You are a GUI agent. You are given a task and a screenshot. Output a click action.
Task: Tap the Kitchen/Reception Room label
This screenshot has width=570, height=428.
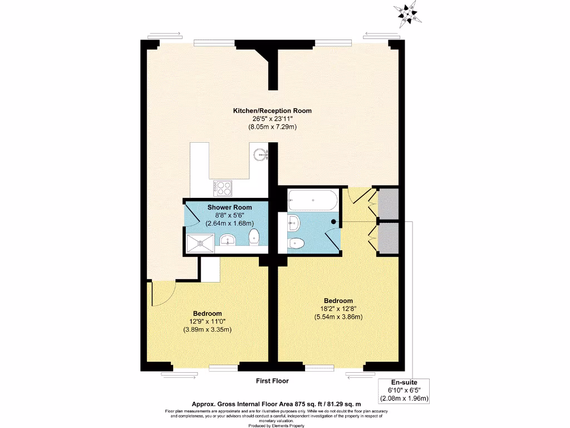click(272, 111)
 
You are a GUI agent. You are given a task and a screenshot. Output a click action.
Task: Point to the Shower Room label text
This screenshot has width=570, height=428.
click(227, 207)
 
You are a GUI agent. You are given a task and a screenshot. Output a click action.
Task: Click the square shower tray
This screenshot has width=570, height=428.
click(199, 243)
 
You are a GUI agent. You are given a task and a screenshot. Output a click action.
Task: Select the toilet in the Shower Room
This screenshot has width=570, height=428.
click(254, 236)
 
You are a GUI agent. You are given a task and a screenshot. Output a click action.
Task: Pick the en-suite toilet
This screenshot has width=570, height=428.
click(295, 243)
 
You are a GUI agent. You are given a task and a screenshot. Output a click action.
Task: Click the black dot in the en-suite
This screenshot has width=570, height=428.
click(333, 221)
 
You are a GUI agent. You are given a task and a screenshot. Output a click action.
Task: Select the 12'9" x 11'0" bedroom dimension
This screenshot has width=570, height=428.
click(207, 321)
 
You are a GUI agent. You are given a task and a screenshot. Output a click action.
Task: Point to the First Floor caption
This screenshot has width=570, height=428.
click(272, 381)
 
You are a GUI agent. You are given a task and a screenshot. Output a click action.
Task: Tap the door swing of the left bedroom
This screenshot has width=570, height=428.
click(163, 294)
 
